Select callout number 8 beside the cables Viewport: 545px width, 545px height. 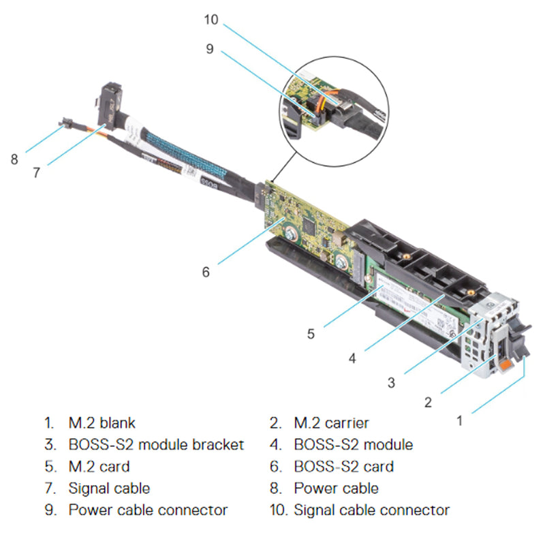(x=14, y=159)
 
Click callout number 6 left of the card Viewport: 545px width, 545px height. (x=206, y=271)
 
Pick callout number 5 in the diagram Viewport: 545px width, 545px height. (x=311, y=334)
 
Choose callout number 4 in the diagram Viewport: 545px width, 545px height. (x=352, y=356)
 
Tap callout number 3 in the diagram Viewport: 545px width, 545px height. (x=391, y=382)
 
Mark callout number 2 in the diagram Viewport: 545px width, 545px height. (x=428, y=402)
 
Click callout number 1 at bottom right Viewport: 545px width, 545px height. (x=459, y=420)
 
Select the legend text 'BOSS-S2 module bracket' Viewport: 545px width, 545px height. (x=156, y=445)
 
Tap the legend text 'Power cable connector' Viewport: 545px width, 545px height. (x=148, y=510)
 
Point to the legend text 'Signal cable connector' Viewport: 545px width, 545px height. (x=371, y=510)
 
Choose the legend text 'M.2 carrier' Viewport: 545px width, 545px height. (x=331, y=423)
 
